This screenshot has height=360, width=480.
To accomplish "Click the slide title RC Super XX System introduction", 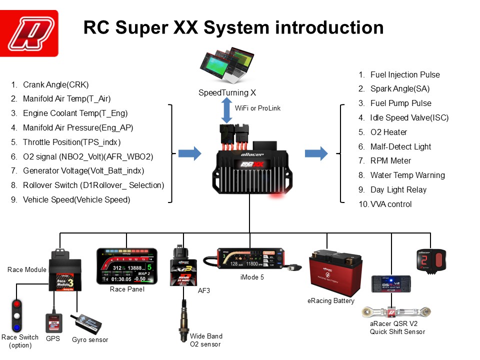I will [233, 27].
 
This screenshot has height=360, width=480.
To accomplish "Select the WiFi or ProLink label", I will [258, 108].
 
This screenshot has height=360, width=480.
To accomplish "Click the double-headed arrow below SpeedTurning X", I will [227, 110].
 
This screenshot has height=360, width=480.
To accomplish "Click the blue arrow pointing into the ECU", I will [189, 152].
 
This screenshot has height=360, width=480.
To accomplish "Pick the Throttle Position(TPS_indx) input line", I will [71, 142].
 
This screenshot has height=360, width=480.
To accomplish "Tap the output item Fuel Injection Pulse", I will [404, 75].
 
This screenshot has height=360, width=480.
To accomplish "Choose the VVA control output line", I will [390, 204].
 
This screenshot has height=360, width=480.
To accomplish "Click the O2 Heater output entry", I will [388, 132].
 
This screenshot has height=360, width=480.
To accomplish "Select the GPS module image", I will [53, 323].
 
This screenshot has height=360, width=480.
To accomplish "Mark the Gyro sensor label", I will [90, 340].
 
